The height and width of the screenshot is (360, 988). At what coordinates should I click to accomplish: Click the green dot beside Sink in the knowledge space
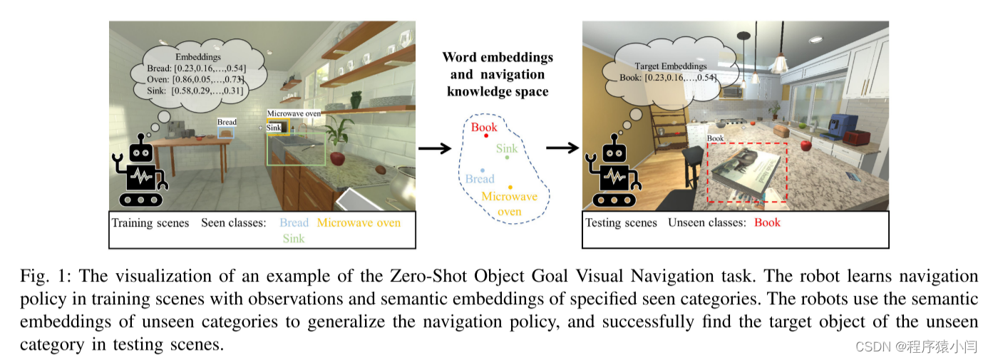click(507, 158)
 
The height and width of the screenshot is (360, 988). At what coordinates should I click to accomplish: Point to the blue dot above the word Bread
click(483, 170)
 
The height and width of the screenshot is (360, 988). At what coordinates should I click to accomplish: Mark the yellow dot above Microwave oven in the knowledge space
click(510, 187)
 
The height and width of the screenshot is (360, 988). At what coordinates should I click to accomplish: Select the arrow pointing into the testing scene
click(562, 148)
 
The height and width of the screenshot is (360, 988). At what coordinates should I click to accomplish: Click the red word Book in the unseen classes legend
click(767, 222)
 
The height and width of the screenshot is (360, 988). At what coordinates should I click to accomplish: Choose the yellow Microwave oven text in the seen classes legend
click(359, 222)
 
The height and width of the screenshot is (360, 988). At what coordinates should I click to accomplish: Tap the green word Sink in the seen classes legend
click(293, 238)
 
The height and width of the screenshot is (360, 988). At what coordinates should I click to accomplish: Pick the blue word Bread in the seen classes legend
click(294, 222)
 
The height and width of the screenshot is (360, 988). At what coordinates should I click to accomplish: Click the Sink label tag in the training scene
click(274, 128)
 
